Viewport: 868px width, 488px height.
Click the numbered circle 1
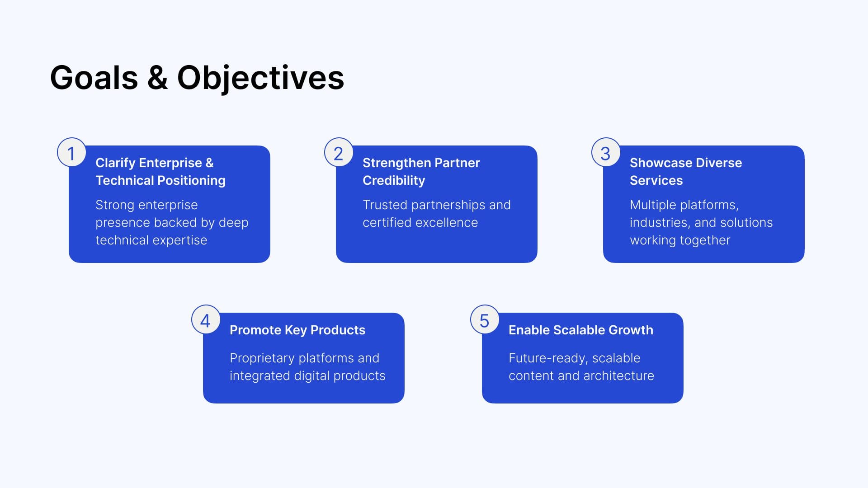[71, 152]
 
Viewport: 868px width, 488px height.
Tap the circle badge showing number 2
[339, 152]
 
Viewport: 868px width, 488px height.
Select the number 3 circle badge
[606, 152]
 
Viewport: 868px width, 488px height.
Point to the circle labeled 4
[206, 319]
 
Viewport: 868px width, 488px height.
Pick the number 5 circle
[485, 319]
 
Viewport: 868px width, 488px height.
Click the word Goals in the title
[94, 78]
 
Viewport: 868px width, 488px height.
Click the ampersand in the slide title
[157, 78]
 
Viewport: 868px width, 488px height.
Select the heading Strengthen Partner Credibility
[421, 171]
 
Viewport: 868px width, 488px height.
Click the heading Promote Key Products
[297, 330]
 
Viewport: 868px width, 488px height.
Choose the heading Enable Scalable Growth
[581, 330]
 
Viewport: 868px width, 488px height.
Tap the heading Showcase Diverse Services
[686, 171]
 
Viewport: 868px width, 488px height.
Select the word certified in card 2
[387, 222]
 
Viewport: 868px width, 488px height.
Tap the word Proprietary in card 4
[262, 358]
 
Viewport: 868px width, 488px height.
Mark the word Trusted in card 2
[385, 205]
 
